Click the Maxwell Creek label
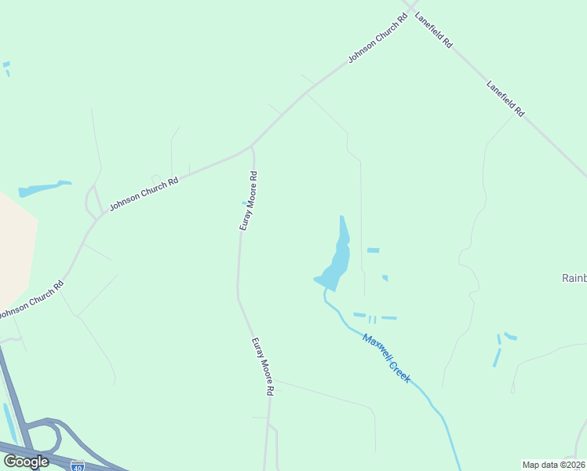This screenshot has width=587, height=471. pos(386,359)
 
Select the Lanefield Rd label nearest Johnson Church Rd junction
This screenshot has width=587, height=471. pos(434,30)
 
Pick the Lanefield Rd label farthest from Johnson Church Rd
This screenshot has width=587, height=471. pos(505,99)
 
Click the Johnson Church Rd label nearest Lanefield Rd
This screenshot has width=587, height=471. pos(378,39)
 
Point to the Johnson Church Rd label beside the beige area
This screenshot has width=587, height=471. pos(30,301)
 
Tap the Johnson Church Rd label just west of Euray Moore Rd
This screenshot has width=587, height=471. pos(144,192)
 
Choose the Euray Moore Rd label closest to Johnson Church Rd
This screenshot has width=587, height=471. pos(249,200)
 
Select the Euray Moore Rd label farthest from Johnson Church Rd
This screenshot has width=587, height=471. pos(263,366)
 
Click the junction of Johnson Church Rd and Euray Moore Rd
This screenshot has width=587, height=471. pos(251,147)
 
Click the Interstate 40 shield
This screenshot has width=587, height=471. pos(77,466)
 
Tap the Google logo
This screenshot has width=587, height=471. pos(26,461)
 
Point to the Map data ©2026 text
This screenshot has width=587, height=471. pos(553,465)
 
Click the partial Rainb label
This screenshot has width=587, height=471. pos(574,278)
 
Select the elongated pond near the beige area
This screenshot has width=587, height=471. pos(43,188)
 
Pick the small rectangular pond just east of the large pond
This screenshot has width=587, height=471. pos(373,250)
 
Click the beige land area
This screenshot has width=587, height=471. pos(14,243)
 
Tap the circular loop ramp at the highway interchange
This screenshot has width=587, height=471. pos(45,435)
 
